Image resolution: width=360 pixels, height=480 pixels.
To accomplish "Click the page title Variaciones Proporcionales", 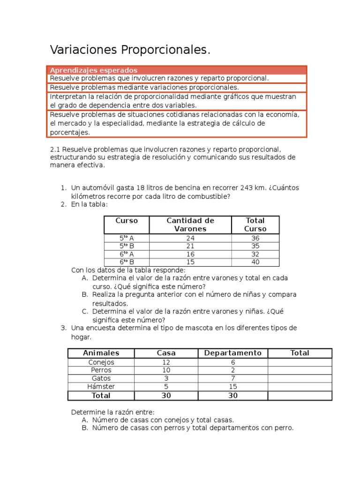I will coord(130,50).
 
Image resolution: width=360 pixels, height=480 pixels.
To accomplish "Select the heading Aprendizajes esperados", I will coord(93,70).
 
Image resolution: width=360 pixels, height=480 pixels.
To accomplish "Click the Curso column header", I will coord(127,220).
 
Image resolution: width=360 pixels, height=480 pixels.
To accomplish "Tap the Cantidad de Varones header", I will coord(190,225).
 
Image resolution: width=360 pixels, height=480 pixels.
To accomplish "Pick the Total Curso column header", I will coord(255,225).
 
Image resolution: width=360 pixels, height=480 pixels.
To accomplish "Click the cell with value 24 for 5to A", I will coord(190,238).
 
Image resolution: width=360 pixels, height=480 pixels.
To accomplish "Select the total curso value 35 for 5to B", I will coord(255,246).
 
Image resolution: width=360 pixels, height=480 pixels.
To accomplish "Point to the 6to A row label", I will coord(127,254).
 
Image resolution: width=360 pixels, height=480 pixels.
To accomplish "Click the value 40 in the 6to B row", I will coord(255,262).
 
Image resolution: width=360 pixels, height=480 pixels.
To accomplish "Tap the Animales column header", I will coord(101,353).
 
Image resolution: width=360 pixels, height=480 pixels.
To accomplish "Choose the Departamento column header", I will coord(232,353).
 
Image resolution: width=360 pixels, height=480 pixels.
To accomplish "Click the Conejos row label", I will coord(101,362).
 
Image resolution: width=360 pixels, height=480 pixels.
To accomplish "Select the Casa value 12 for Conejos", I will coord(166,362).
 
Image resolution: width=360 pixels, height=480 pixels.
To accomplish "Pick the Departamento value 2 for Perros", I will coord(232,370).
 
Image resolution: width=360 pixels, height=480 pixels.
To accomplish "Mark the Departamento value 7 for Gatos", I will coord(232,378).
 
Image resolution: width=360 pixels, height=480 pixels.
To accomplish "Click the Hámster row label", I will coord(101,387).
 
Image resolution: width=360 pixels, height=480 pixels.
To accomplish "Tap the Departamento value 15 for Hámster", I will coord(232,387).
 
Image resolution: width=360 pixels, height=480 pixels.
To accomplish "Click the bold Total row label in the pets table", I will coord(101,396).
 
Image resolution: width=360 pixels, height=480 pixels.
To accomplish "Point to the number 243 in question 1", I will coord(247,188).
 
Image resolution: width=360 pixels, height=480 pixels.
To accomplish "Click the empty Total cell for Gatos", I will coord(300,378).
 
